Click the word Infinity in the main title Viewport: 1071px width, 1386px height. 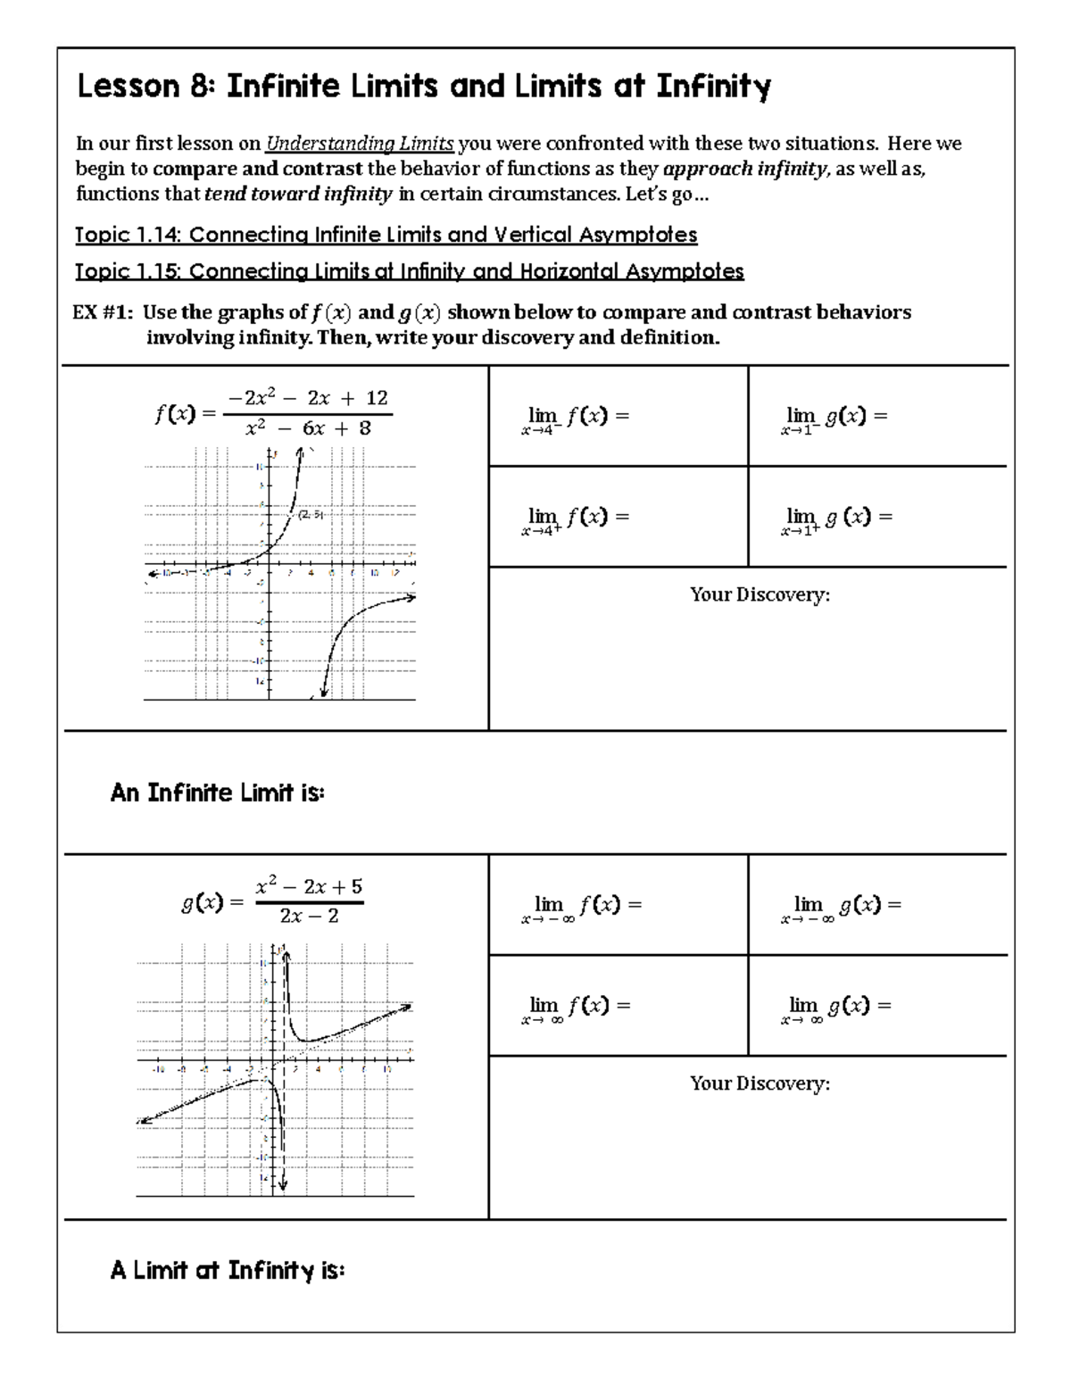click(x=714, y=87)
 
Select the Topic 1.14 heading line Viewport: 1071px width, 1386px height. click(x=386, y=235)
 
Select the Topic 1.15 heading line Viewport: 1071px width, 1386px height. click(x=409, y=270)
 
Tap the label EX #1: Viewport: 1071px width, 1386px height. click(x=104, y=312)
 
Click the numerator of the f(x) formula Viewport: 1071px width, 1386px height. click(x=308, y=398)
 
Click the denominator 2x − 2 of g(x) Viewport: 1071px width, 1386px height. click(x=309, y=917)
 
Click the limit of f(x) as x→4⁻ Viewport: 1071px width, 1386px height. click(x=577, y=418)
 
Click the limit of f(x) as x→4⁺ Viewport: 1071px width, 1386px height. click(x=577, y=519)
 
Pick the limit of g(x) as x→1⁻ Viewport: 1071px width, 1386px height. click(x=835, y=418)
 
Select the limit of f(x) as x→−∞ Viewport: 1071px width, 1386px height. click(x=581, y=907)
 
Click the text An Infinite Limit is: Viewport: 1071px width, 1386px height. click(x=217, y=793)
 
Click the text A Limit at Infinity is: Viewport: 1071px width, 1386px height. click(x=227, y=1270)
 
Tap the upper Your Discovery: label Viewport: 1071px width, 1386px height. click(x=760, y=594)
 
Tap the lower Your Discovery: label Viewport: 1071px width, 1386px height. click(x=760, y=1083)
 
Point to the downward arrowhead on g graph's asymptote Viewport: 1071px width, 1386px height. click(x=283, y=1185)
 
